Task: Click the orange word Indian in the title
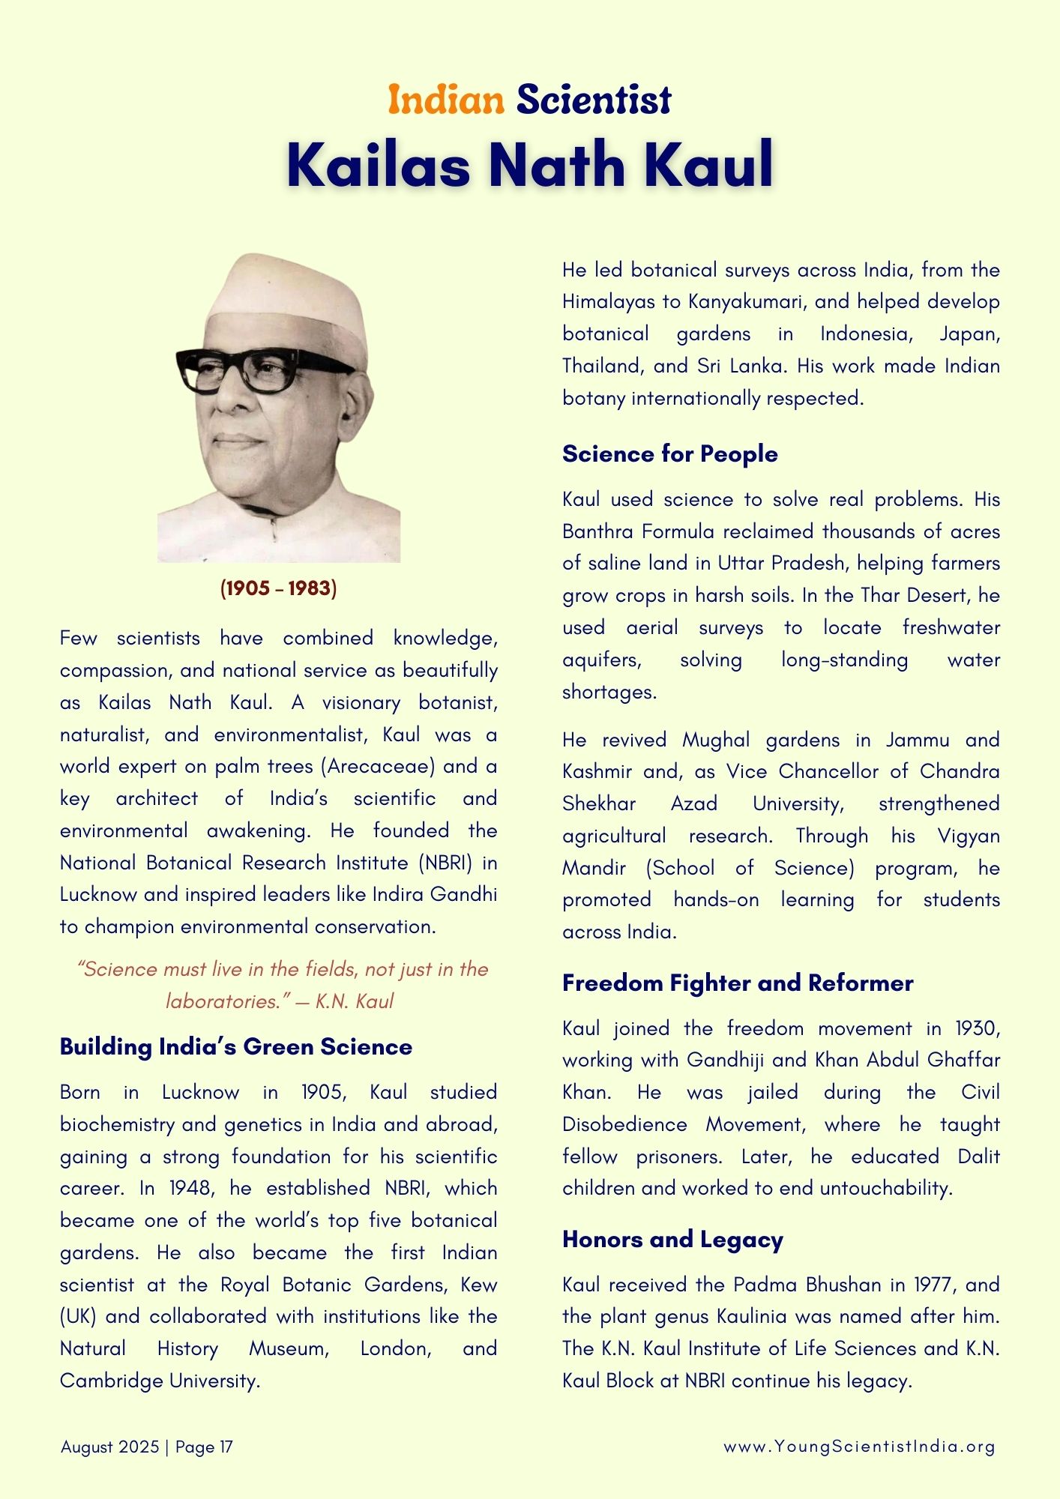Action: point(446,100)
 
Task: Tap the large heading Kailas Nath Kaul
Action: point(529,164)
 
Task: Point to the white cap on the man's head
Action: point(285,300)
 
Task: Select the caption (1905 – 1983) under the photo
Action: point(278,588)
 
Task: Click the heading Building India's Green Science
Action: point(236,1046)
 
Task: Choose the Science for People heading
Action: point(669,453)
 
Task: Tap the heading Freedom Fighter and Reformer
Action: point(738,983)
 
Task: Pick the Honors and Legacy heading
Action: point(672,1239)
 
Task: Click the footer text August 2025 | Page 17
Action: point(147,1447)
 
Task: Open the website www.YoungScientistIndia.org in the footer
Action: point(859,1447)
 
